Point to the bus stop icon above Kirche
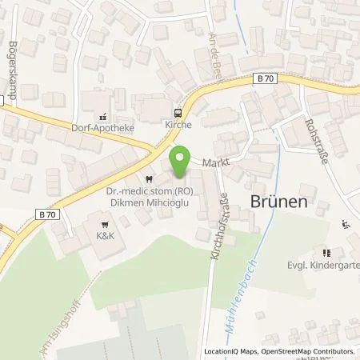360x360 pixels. coord(178,114)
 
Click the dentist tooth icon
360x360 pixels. coord(146,179)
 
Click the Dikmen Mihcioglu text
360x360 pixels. coord(146,202)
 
